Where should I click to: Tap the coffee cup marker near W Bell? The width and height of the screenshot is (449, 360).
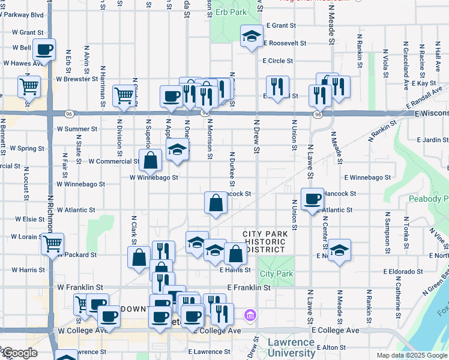pyautogui.click(x=44, y=49)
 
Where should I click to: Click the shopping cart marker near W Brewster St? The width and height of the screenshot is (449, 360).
pyautogui.click(x=29, y=86)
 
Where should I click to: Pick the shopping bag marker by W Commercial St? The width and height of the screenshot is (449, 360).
pyautogui.click(x=150, y=160)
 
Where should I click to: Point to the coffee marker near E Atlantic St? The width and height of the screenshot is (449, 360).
pyautogui.click(x=312, y=199)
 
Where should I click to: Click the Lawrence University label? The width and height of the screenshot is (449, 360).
pyautogui.click(x=292, y=347)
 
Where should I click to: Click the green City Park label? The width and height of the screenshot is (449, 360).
pyautogui.click(x=277, y=274)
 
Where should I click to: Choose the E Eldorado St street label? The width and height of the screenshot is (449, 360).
pyautogui.click(x=409, y=271)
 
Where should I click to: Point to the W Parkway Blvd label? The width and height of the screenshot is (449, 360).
pyautogui.click(x=22, y=14)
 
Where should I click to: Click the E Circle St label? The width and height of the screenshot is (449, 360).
pyautogui.click(x=277, y=61)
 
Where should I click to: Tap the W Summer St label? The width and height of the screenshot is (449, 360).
pyautogui.click(x=77, y=129)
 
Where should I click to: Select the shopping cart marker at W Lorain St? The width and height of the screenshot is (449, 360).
pyautogui.click(x=53, y=243)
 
